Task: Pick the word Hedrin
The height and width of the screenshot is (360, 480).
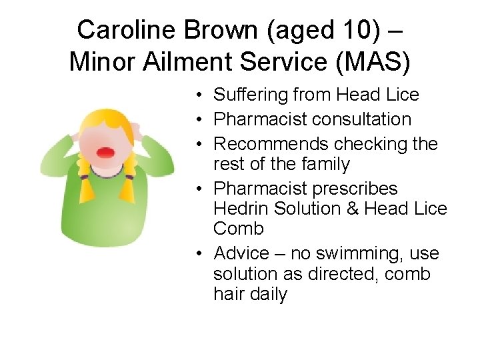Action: pyautogui.click(x=239, y=209)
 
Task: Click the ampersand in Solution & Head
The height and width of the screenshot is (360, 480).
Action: pyautogui.click(x=353, y=209)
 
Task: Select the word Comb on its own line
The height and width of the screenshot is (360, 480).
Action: pyautogui.click(x=239, y=229)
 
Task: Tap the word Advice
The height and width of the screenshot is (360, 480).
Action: pyautogui.click(x=243, y=253)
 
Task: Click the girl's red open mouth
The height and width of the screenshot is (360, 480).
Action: pyautogui.click(x=105, y=152)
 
